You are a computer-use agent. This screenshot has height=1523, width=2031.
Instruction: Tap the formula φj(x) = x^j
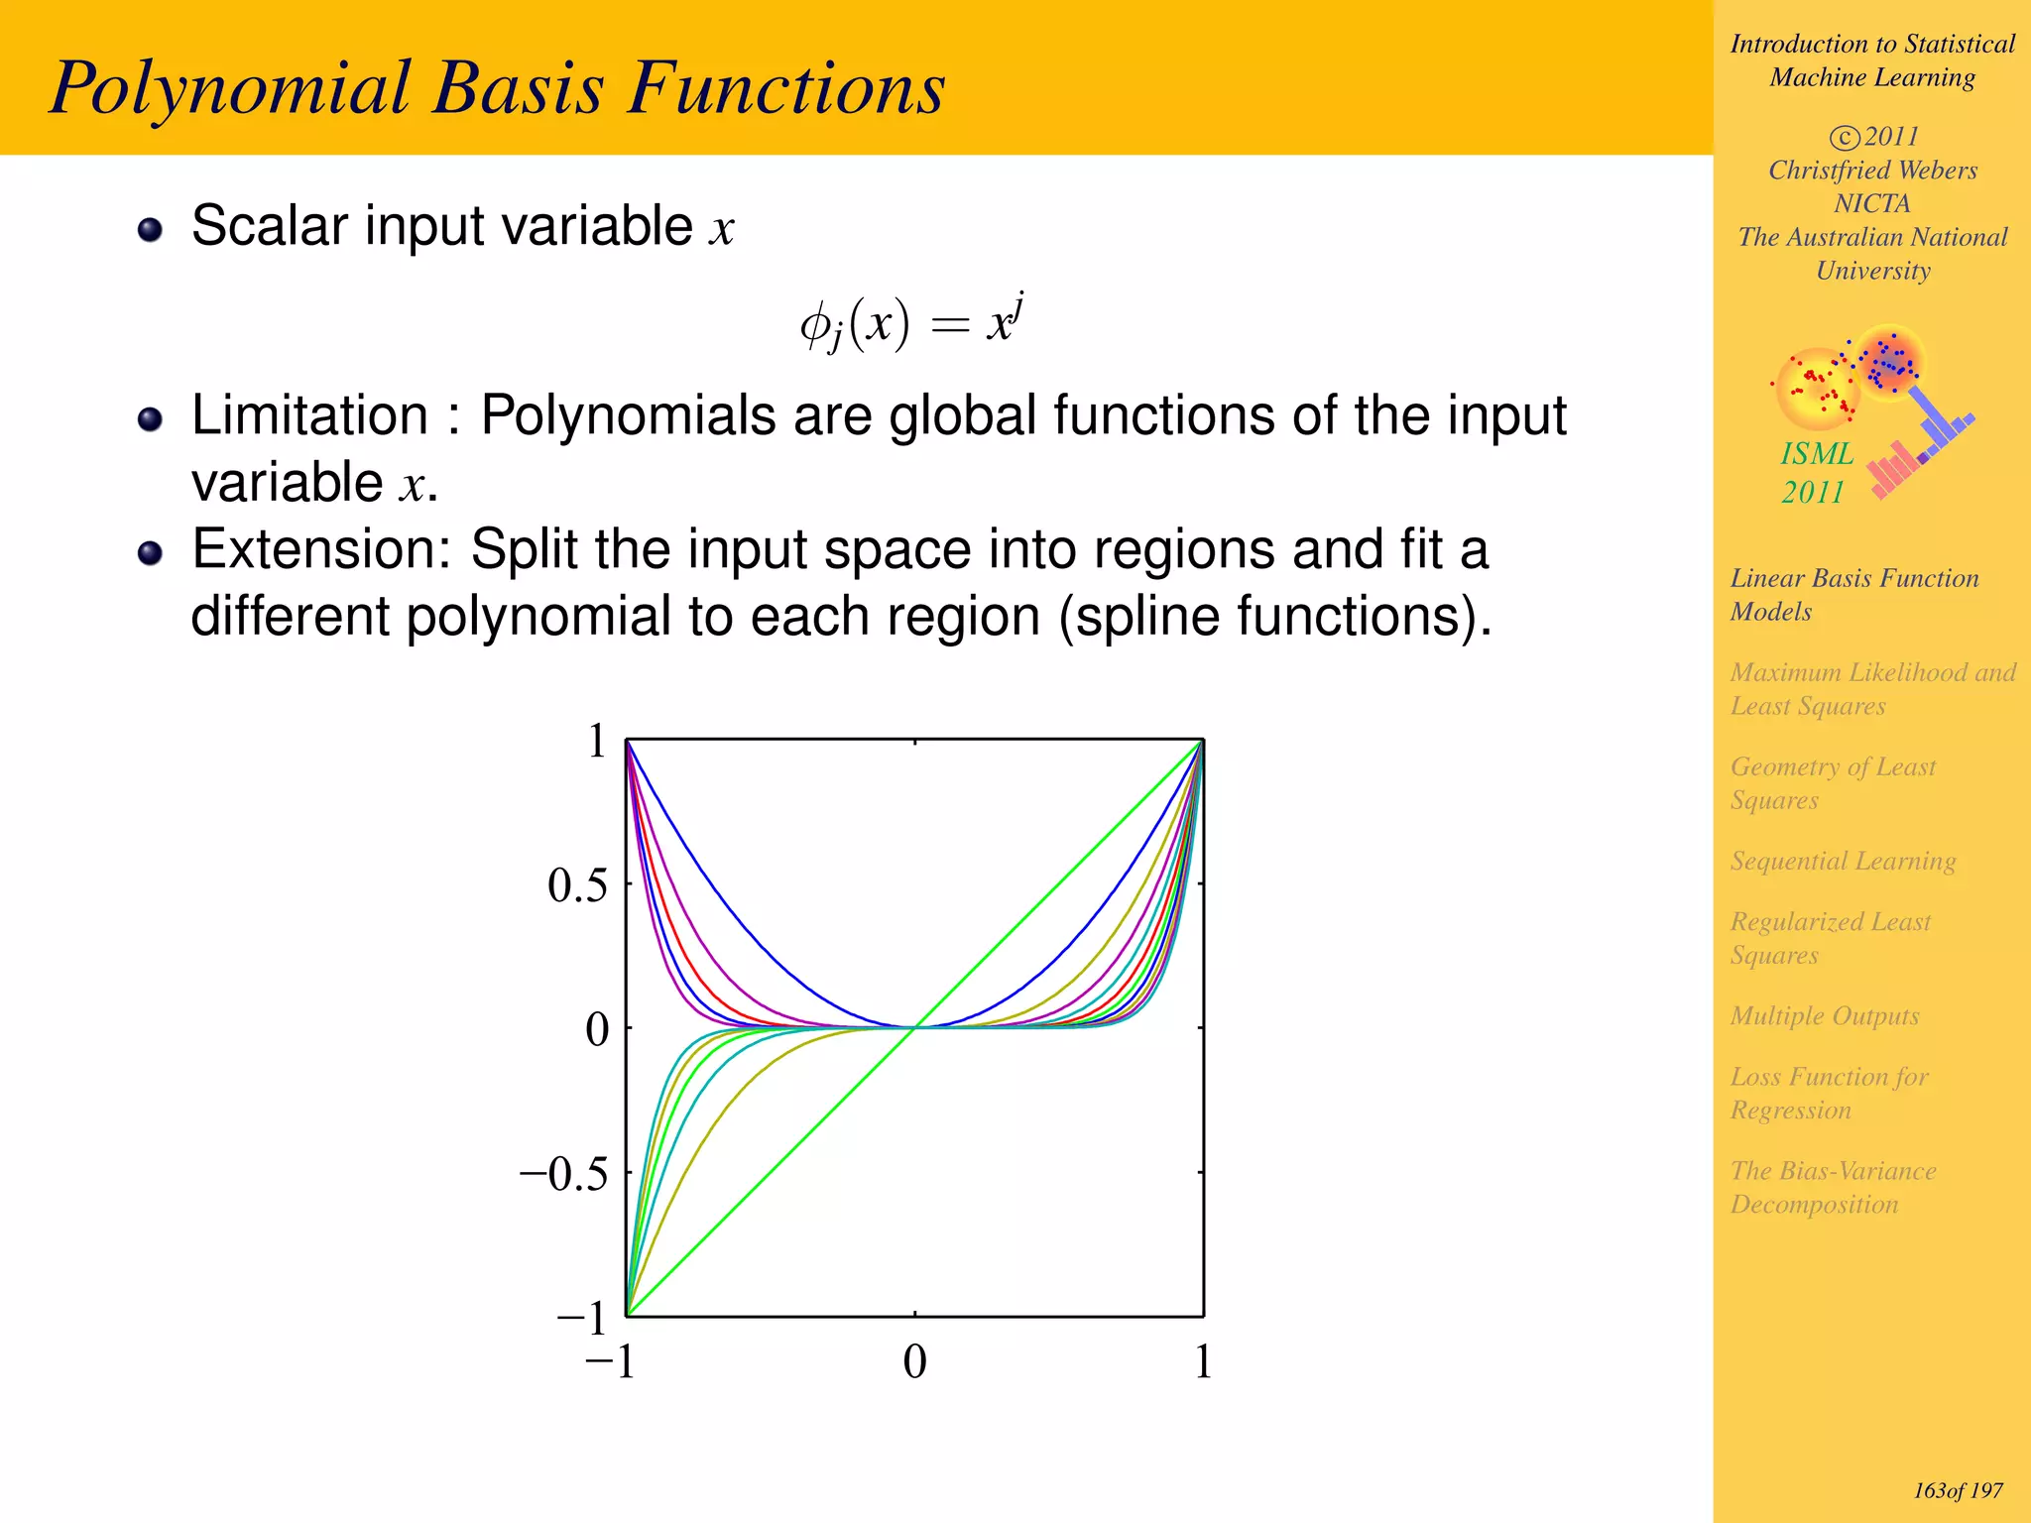[910, 322]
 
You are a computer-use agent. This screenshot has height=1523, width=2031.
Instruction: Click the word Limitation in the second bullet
[309, 415]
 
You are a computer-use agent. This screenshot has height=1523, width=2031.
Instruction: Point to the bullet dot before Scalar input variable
[150, 230]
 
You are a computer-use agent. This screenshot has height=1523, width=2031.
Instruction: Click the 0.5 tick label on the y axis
[577, 885]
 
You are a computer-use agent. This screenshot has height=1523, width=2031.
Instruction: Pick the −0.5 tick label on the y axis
[564, 1174]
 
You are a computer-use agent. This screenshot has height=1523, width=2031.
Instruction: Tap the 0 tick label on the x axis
[914, 1362]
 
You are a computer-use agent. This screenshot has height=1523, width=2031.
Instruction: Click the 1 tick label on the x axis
[1202, 1362]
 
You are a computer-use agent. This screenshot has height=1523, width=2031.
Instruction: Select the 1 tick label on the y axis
[596, 742]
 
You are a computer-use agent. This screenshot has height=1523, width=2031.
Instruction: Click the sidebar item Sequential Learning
[1843, 861]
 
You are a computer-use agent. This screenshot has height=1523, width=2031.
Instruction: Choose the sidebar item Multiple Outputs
[1824, 1016]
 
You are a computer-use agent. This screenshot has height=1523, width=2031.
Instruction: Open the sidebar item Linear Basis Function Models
[1852, 595]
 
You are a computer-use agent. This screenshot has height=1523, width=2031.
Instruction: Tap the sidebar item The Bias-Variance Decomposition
[1833, 1188]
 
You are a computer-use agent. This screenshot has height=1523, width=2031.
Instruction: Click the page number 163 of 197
[1957, 1491]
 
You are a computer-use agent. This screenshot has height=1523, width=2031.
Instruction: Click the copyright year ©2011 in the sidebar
[1873, 137]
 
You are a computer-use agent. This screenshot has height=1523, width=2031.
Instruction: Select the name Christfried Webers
[1872, 171]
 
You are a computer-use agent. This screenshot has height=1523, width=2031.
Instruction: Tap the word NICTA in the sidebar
[1871, 204]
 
